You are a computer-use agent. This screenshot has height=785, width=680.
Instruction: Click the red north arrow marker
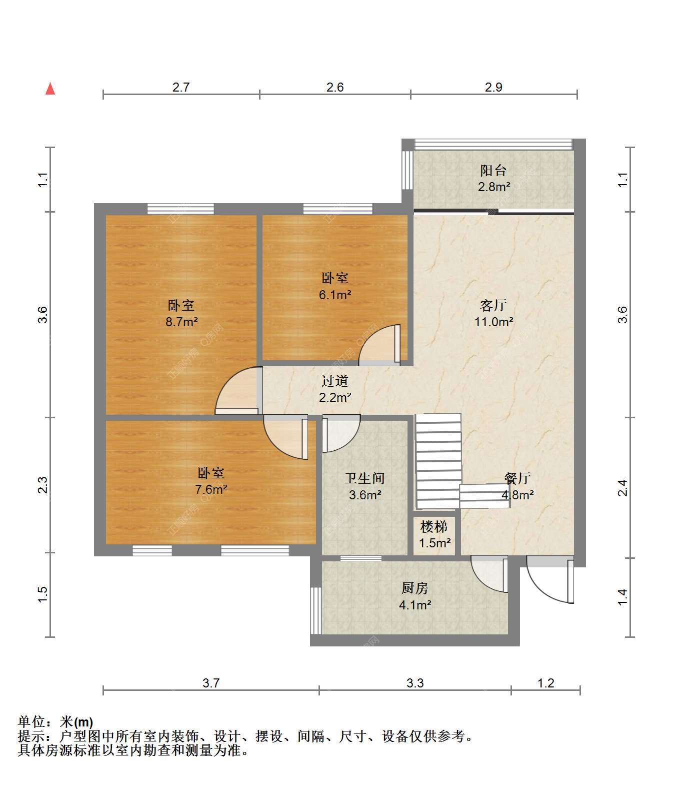tap(50, 89)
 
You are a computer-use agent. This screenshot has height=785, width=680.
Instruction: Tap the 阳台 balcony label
tap(493, 170)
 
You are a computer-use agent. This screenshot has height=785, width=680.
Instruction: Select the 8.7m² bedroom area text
tap(181, 322)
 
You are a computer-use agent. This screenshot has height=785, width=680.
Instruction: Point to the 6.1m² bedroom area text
tap(335, 295)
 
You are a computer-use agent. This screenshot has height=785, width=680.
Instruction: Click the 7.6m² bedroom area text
tap(211, 489)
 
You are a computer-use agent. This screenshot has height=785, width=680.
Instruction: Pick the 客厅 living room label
tap(493, 305)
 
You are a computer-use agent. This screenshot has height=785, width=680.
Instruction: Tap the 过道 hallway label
tap(334, 381)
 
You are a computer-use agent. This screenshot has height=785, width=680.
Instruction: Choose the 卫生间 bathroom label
tap(364, 478)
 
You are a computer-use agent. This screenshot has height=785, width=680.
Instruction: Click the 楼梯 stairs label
tap(434, 527)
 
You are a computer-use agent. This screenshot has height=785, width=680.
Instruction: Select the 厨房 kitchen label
tap(415, 588)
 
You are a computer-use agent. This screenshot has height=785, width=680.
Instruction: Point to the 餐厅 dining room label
tap(517, 478)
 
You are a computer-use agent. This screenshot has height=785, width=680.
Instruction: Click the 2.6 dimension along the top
tap(335, 88)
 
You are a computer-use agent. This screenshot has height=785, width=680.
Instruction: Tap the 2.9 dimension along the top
tap(493, 88)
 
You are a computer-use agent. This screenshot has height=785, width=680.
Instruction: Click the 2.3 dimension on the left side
tap(43, 485)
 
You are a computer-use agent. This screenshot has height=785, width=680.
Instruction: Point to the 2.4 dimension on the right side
tap(622, 488)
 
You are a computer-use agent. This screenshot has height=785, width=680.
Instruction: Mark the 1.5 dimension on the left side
tap(43, 595)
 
